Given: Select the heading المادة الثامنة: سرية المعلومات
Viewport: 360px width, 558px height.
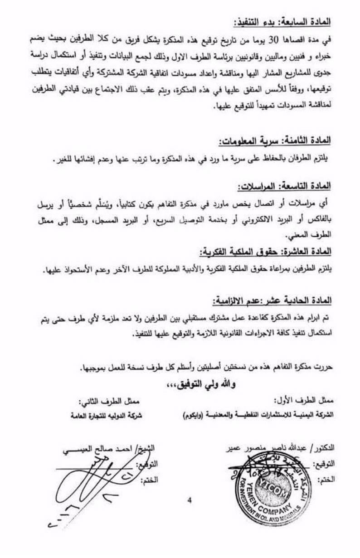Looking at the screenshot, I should pyautogui.click(x=276, y=141).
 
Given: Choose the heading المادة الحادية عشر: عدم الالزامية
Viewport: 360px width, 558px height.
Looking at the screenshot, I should pyautogui.click(x=274, y=300).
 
